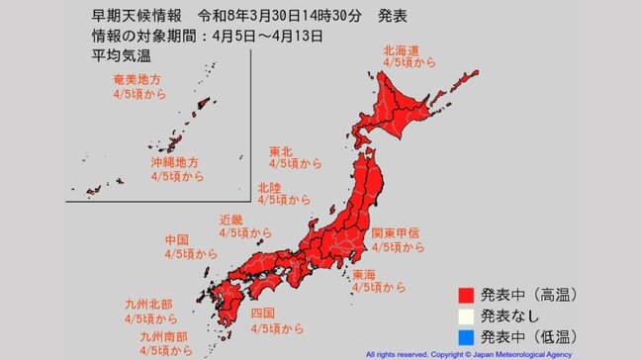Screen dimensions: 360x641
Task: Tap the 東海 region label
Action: tap(366, 273)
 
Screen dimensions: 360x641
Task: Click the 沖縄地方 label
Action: tap(174, 161)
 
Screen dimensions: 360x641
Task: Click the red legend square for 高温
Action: tap(465, 294)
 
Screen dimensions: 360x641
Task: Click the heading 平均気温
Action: tap(107, 55)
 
